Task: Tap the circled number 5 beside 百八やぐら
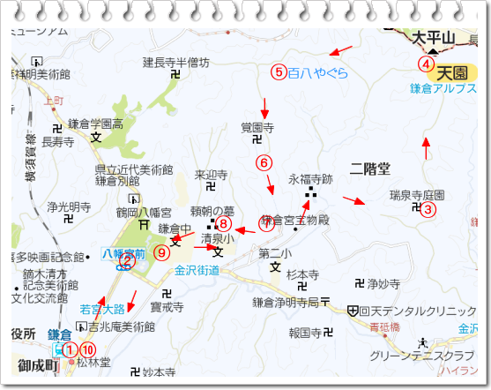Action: click(x=277, y=72)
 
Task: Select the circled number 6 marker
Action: click(x=262, y=161)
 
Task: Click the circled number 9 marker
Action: click(x=160, y=251)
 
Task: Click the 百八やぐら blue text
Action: click(x=318, y=72)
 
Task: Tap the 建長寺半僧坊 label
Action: click(x=176, y=63)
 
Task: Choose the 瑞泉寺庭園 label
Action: click(x=417, y=194)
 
